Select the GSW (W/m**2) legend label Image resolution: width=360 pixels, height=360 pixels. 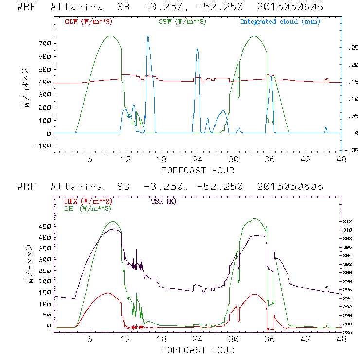182,22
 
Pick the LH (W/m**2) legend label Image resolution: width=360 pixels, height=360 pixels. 87,208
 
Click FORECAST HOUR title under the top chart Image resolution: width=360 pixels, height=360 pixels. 198,170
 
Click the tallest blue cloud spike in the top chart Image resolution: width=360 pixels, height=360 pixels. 148,37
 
